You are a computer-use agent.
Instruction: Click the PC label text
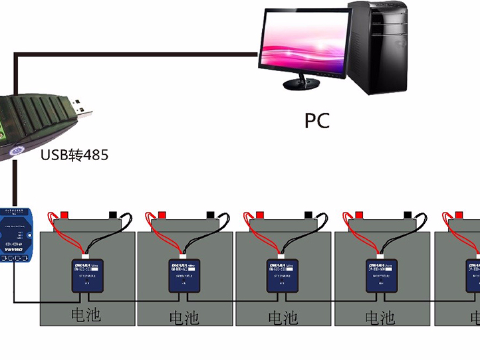tap(317, 121)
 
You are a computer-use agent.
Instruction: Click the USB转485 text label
tap(74, 155)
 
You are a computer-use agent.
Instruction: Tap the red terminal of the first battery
tap(64, 215)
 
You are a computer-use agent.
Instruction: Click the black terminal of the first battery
tap(113, 215)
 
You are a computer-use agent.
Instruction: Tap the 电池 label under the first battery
tap(85, 314)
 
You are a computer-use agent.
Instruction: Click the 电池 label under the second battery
tap(184, 317)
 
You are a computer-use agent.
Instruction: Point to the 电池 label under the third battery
tap(283, 317)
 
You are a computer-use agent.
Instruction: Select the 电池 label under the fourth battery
tap(380, 317)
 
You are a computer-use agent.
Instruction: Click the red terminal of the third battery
tap(259, 215)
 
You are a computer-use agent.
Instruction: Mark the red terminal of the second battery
tap(161, 215)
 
